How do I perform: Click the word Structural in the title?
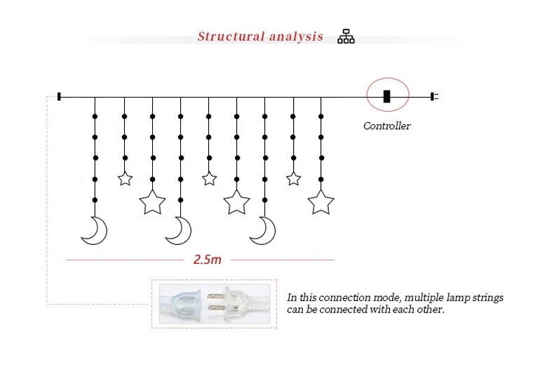(229, 36)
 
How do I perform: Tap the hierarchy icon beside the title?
(346, 36)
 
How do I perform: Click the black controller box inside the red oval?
(386, 96)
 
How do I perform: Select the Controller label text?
(386, 126)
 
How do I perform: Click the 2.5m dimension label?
(207, 260)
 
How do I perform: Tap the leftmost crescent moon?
(94, 230)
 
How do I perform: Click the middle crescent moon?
(179, 230)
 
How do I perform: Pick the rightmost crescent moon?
(264, 230)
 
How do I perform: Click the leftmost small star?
(125, 179)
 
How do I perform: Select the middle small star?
(209, 179)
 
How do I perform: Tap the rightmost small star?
(293, 179)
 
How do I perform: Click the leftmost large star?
(152, 202)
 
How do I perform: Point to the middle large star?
(237, 202)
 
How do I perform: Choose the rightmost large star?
(321, 202)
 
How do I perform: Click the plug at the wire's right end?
(433, 96)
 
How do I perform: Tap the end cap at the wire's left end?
(60, 96)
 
